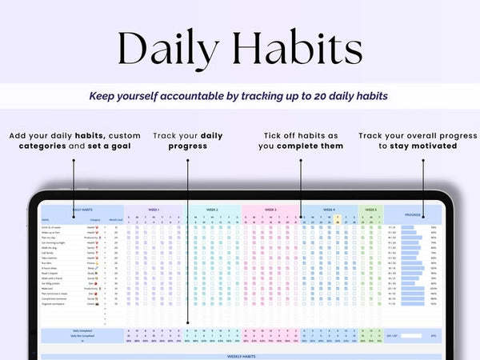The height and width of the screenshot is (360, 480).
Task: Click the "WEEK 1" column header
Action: [153, 210]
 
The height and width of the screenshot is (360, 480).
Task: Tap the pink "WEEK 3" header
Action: [270, 210]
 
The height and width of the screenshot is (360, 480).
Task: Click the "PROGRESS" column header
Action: [413, 214]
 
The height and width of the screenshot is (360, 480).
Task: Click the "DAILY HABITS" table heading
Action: [83, 210]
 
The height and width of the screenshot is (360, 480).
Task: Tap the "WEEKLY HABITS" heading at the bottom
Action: [240, 357]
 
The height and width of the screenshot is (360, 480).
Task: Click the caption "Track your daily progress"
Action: [189, 141]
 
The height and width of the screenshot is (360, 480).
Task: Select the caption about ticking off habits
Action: [302, 141]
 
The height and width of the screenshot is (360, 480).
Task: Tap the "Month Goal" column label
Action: [115, 219]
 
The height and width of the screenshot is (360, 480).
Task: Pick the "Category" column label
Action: [95, 219]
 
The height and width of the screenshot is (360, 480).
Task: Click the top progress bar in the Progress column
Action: [411, 227]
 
